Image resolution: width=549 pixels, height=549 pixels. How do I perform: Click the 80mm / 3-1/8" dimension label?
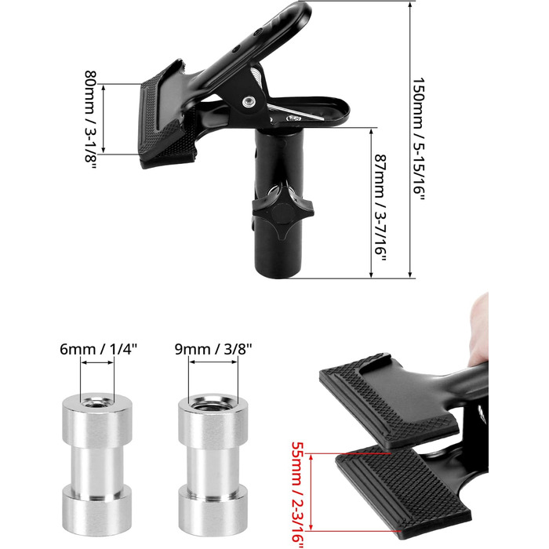(x=91, y=119)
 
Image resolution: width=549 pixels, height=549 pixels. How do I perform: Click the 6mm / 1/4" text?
(x=98, y=349)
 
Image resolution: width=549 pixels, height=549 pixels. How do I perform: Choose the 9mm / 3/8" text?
(x=213, y=349)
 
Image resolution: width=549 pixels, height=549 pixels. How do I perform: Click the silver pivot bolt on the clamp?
(x=249, y=101)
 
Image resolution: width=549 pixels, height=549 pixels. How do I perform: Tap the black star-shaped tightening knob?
(x=283, y=211)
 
